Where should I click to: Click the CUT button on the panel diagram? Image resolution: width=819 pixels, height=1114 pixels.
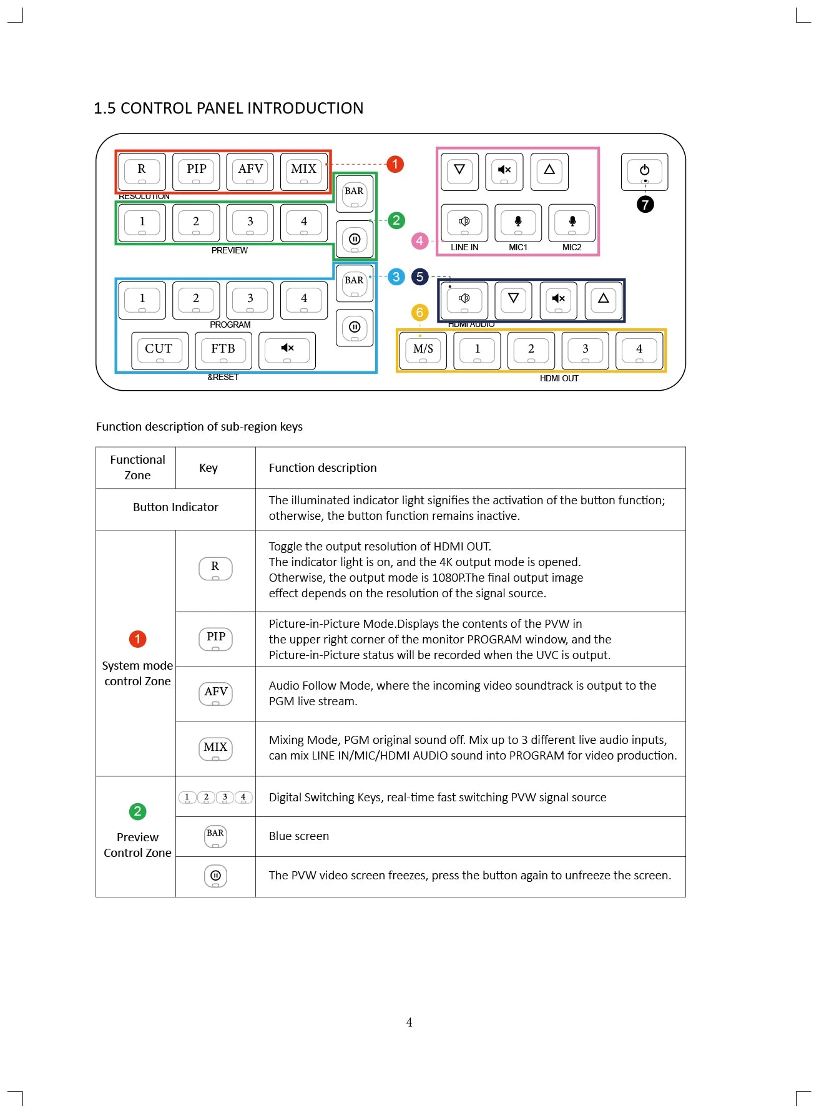159,350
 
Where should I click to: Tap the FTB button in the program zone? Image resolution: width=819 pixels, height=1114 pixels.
223,350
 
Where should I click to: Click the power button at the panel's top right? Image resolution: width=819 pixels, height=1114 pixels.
644,171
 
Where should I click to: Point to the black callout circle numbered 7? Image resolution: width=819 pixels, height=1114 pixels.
645,204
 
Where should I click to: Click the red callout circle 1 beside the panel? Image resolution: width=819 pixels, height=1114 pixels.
395,164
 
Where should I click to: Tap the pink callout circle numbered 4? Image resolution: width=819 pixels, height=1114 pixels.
419,241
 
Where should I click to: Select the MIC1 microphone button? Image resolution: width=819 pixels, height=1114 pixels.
518,223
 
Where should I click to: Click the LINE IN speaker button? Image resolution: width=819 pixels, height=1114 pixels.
464,223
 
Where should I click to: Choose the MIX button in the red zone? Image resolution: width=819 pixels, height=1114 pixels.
304,171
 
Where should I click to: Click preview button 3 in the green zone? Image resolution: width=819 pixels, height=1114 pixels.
250,223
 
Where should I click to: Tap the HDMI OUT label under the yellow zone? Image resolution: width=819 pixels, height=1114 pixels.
559,378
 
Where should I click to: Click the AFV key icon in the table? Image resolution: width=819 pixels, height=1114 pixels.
215,693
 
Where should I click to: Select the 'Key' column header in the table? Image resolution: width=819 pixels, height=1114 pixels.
208,468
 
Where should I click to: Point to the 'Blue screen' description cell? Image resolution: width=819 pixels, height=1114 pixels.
299,836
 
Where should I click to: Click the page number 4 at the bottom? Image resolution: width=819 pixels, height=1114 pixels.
409,1022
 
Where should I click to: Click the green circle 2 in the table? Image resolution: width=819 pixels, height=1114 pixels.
137,811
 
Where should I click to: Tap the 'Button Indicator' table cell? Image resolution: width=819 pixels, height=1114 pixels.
175,507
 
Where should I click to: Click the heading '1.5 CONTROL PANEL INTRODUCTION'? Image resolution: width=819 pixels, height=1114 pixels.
228,109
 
